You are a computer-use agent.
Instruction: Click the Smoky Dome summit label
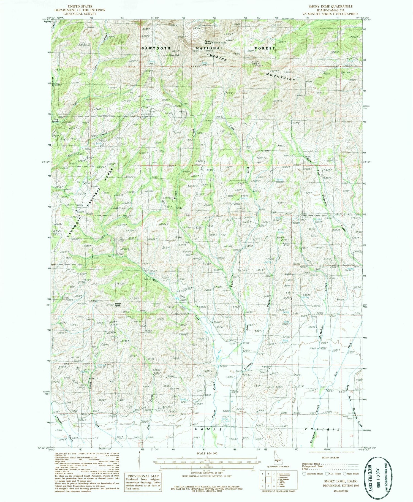[208, 42]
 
